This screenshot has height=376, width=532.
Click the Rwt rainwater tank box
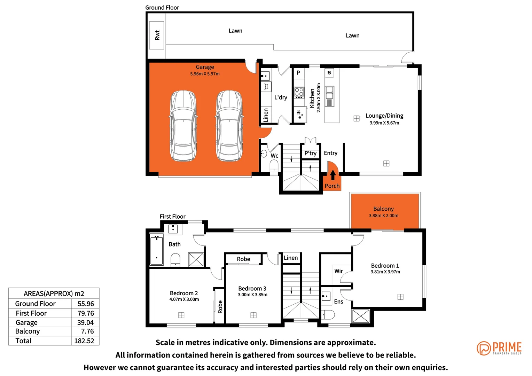(157, 35)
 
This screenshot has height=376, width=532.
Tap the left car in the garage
(183, 126)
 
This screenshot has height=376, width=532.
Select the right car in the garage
(229, 126)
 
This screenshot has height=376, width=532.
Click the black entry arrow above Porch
(333, 174)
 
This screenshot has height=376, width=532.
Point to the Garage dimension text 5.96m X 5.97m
(205, 74)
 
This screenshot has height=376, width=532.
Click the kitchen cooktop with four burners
(299, 92)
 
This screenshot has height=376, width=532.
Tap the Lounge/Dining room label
(384, 116)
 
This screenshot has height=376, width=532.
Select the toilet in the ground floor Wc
(274, 165)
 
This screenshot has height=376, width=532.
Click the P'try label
(310, 153)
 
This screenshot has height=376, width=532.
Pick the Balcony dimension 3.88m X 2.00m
(383, 216)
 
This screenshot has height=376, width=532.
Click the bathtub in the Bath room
(157, 250)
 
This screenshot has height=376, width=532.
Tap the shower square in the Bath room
(196, 259)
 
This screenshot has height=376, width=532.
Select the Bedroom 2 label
(184, 293)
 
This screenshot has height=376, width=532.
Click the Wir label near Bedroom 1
(338, 271)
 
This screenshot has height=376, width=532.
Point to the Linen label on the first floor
(291, 258)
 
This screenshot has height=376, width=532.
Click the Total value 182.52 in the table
(84, 341)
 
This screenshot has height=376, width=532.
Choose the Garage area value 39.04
(85, 322)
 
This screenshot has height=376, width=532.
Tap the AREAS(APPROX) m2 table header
(54, 293)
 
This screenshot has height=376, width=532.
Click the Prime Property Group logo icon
(484, 348)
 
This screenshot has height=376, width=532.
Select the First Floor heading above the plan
(172, 217)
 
